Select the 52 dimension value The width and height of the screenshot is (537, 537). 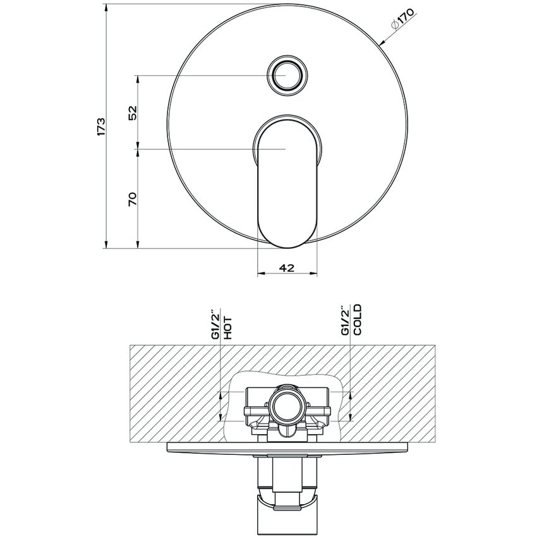coord(133,112)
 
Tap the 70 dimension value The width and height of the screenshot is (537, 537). coord(133,199)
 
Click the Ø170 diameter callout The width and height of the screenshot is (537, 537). coord(402,20)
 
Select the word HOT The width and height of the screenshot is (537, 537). coord(228,329)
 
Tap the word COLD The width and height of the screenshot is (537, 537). coord(357,320)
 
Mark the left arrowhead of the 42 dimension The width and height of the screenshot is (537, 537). coord(260,274)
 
